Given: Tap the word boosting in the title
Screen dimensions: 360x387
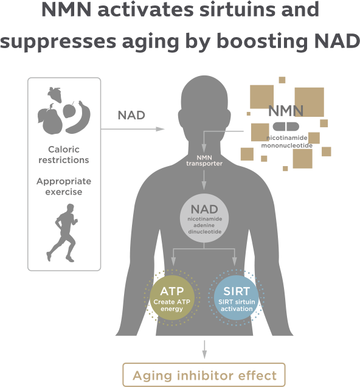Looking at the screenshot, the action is (x=262, y=41).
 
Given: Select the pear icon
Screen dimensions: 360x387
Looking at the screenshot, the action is (x=50, y=119).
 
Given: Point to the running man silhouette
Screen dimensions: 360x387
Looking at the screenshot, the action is (x=62, y=232).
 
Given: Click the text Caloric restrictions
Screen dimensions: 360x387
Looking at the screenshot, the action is (x=64, y=155).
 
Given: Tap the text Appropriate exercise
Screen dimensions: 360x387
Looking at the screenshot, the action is (x=64, y=186).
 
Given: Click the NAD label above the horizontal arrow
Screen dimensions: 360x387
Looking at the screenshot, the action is (x=131, y=115).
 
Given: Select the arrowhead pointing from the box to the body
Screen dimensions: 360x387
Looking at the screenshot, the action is (x=161, y=129).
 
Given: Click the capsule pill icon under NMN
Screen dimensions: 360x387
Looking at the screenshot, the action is (x=286, y=127).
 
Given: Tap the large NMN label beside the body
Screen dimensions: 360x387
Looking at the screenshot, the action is (x=286, y=111).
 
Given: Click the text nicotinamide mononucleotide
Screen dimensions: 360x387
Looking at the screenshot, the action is (x=287, y=142).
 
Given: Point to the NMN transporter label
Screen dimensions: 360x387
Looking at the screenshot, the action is (x=204, y=161).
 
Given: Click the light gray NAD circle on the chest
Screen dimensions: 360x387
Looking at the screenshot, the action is (x=204, y=218).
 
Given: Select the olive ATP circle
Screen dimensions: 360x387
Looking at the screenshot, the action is (x=172, y=298).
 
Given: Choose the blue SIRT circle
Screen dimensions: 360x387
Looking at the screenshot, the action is (x=236, y=298).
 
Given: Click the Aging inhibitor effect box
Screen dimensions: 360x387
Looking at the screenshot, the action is (x=204, y=375).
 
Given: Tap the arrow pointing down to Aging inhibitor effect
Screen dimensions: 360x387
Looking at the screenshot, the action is (x=204, y=349).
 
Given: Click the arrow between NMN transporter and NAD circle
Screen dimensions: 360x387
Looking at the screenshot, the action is (x=204, y=180).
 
